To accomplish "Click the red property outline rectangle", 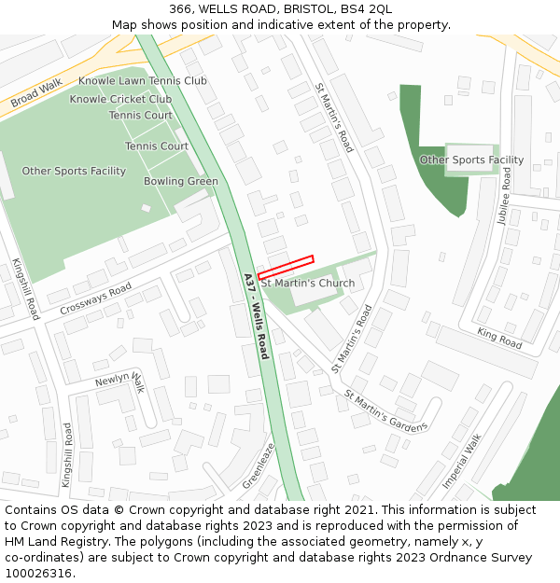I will pyautogui.click(x=286, y=268).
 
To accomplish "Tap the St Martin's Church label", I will pyautogui.click(x=308, y=284).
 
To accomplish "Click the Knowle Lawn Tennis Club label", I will pyautogui.click(x=143, y=81).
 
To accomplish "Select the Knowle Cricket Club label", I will pyautogui.click(x=120, y=99).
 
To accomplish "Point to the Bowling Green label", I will pyautogui.click(x=181, y=182).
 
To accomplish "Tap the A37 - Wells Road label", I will pyautogui.click(x=256, y=316).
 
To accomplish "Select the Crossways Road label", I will pyautogui.click(x=95, y=299).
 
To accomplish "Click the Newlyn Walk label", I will pyautogui.click(x=120, y=381).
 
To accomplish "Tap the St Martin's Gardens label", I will pyautogui.click(x=385, y=410).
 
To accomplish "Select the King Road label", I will pyautogui.click(x=499, y=338).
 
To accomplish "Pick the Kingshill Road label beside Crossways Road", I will pyautogui.click(x=26, y=289).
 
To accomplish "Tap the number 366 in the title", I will pyautogui.click(x=181, y=9).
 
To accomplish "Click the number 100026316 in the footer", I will pyautogui.click(x=36, y=574).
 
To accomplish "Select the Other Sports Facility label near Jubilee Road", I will pyautogui.click(x=471, y=160).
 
